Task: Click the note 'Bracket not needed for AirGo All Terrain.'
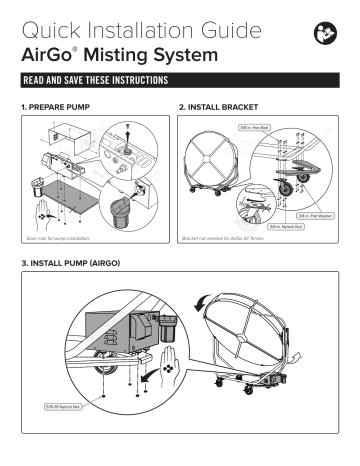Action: (x=221, y=241)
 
